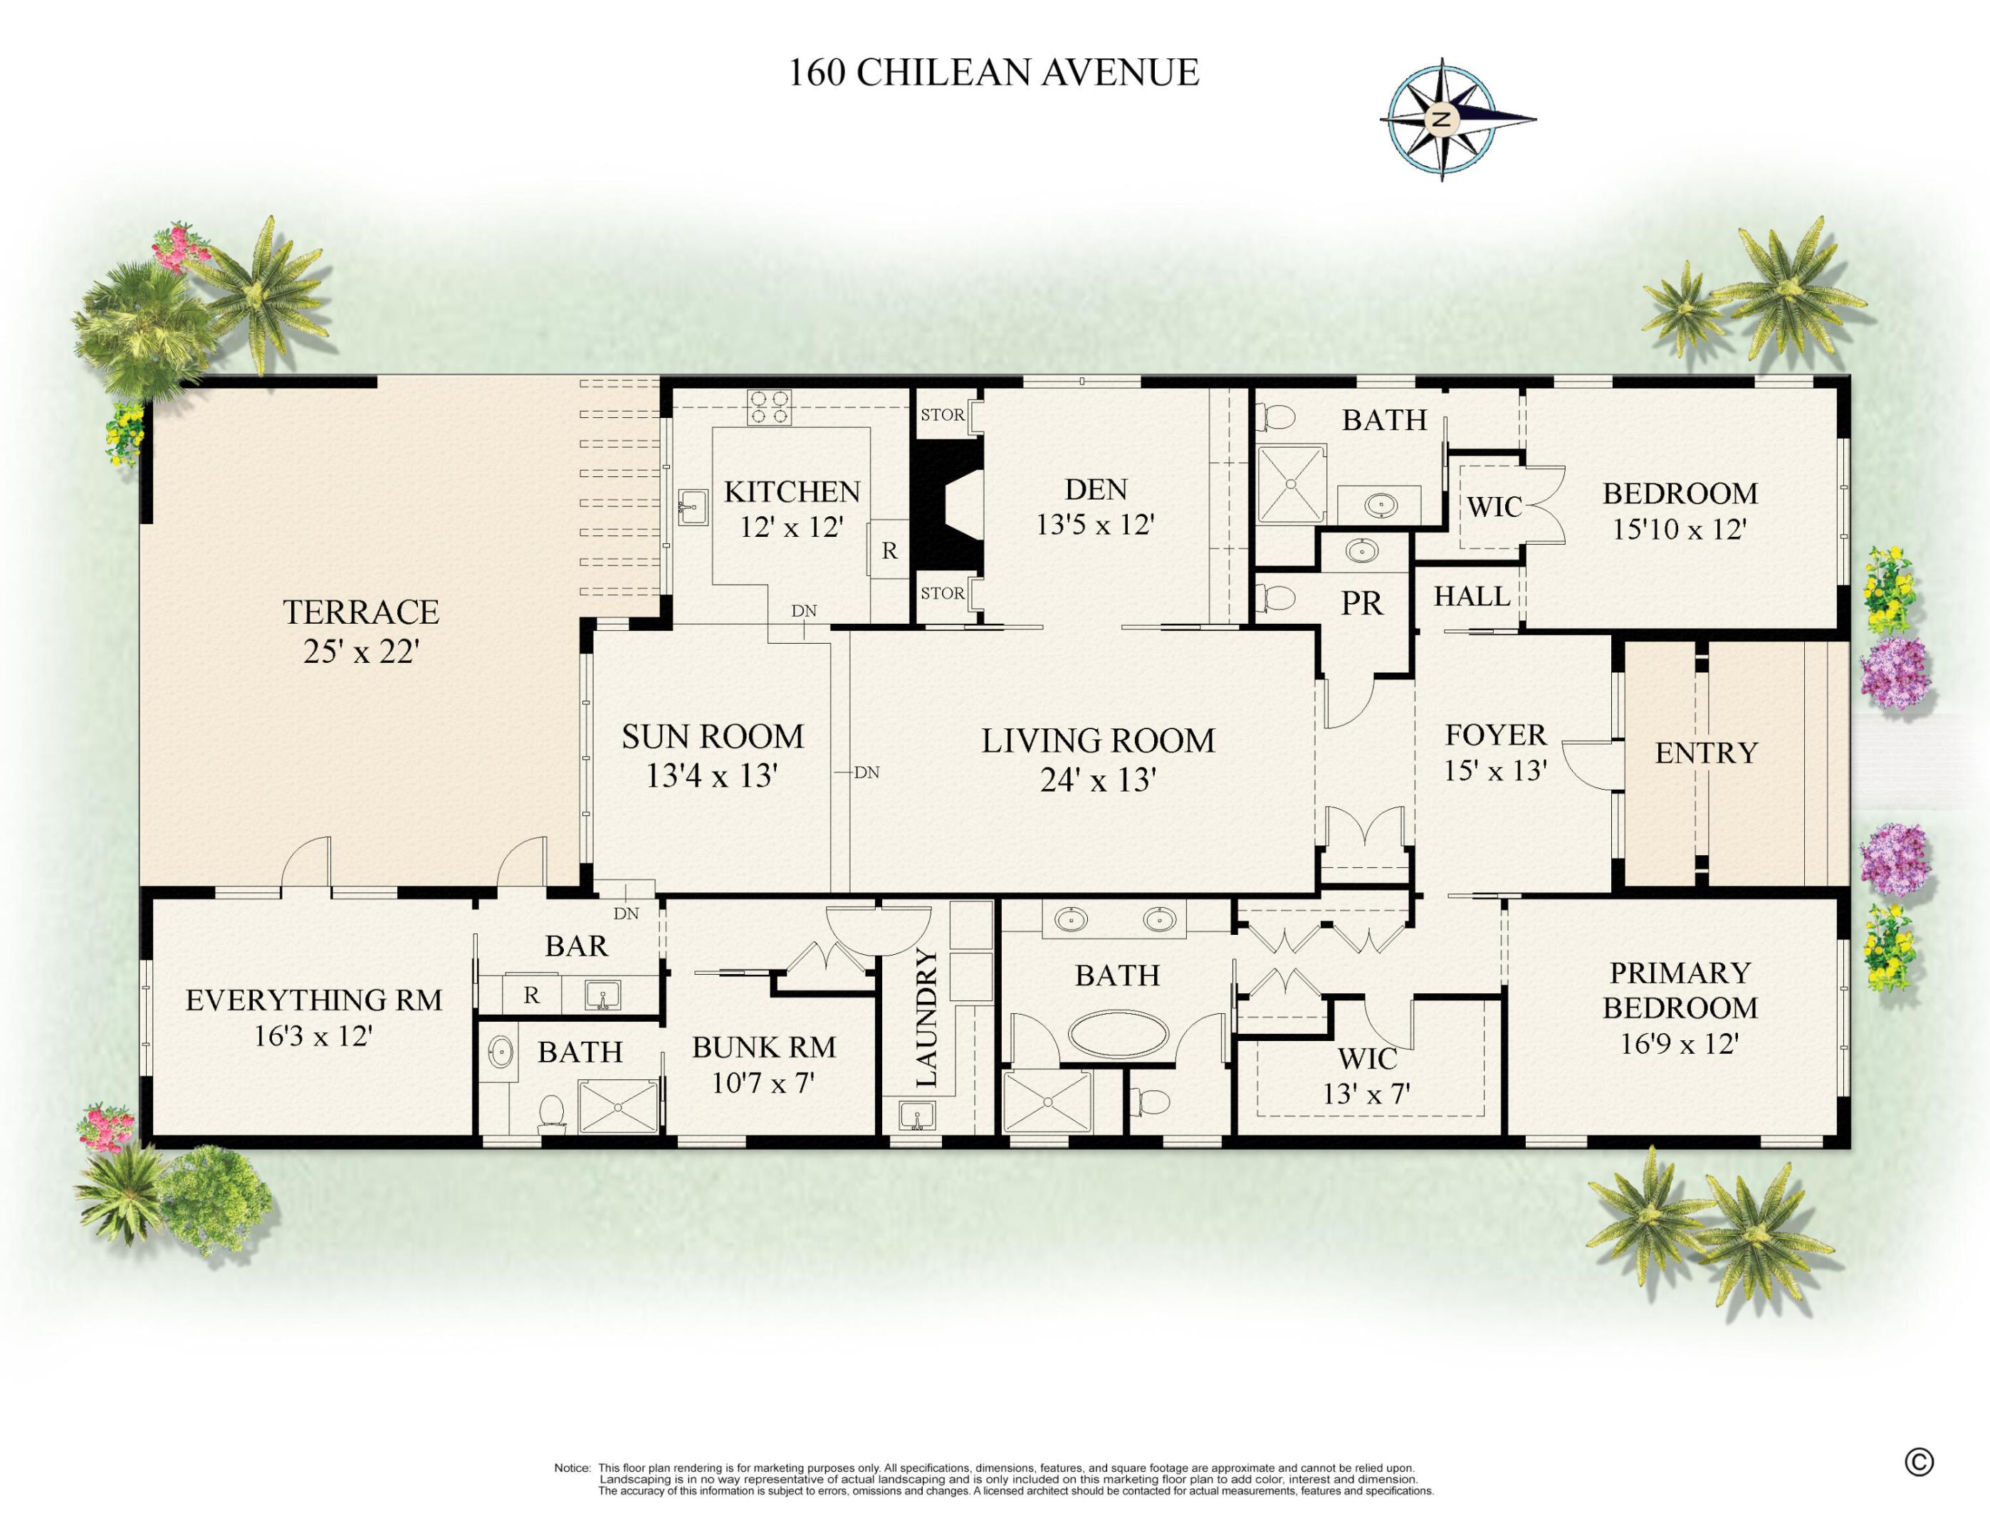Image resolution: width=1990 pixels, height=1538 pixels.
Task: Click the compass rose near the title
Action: click(x=1442, y=120)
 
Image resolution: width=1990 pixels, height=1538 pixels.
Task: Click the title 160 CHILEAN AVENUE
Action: click(x=993, y=73)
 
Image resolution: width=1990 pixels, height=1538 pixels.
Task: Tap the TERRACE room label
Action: click(x=361, y=612)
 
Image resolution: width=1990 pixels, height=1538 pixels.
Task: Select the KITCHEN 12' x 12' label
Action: click(x=792, y=508)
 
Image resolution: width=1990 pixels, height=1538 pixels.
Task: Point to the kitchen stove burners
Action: click(x=769, y=407)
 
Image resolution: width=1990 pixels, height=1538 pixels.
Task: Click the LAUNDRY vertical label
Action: click(x=926, y=1018)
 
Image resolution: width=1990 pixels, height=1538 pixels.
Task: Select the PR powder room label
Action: click(x=1361, y=603)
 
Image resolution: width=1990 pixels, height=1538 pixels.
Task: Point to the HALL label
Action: click(x=1472, y=596)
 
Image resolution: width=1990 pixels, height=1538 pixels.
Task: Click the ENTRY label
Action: click(x=1706, y=753)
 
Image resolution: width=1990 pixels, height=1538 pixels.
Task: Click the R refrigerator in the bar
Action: click(x=531, y=995)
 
